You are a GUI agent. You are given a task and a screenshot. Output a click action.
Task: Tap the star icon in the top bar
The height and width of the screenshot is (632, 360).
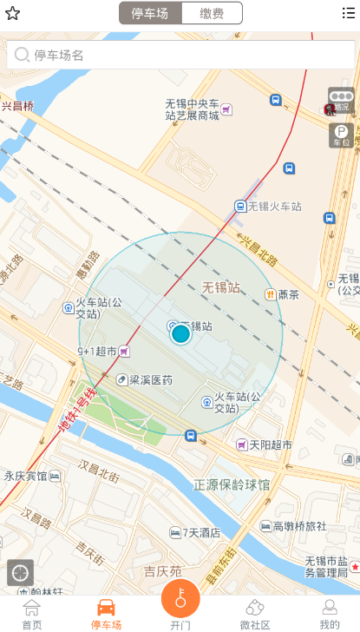coord(12,13)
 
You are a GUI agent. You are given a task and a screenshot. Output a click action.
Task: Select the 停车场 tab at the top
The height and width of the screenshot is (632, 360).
coord(150,13)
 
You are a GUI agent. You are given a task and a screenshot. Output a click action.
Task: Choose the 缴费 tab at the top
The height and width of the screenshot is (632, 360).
coord(212,13)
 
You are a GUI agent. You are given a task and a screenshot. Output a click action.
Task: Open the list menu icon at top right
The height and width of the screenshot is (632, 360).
coord(349,13)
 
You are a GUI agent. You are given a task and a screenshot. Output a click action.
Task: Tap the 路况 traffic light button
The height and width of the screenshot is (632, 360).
coord(341,100)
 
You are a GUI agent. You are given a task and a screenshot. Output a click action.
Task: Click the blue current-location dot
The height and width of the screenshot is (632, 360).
coord(180,333)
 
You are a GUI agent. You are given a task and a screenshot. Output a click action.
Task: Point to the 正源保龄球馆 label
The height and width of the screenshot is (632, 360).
coord(232,484)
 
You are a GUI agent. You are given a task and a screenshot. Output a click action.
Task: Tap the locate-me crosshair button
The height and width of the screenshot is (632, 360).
coord(20,572)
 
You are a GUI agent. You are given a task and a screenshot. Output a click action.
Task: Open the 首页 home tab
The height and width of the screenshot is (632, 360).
coord(32,614)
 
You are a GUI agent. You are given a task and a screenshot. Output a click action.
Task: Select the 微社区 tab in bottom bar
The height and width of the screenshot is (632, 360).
coord(255,614)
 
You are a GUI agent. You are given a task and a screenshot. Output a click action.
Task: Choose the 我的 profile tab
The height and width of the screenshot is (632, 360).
coord(330,614)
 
